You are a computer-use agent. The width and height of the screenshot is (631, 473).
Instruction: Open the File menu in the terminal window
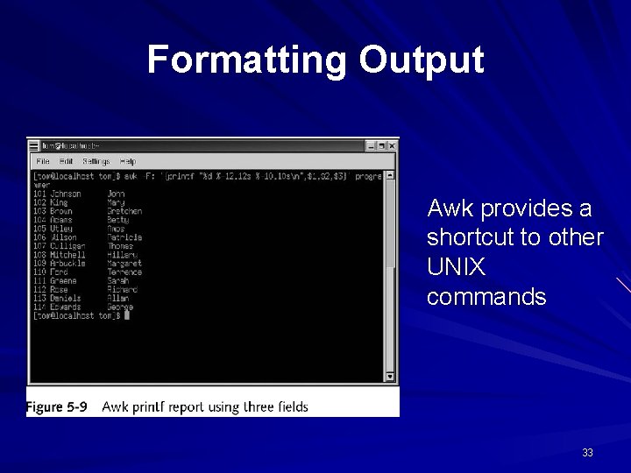click(42, 161)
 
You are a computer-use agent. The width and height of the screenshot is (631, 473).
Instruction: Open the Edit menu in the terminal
click(66, 161)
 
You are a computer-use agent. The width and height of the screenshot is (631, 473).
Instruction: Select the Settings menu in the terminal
click(96, 161)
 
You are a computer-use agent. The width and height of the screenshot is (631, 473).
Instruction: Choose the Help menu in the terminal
click(128, 161)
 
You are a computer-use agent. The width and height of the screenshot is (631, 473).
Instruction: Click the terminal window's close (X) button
click(393, 145)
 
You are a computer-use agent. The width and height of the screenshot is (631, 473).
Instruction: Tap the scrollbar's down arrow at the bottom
click(390, 377)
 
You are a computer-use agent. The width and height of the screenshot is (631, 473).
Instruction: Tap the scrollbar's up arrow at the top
click(390, 175)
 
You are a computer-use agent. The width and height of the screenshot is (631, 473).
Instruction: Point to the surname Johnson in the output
click(66, 194)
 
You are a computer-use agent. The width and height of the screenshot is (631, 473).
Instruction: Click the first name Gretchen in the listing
click(124, 211)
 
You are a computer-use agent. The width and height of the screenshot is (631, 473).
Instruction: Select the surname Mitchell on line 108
click(67, 254)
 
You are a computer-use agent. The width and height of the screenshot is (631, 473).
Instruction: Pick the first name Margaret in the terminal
click(124, 263)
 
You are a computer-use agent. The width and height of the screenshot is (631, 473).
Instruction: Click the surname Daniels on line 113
click(65, 298)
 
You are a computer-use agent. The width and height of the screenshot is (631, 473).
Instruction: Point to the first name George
click(120, 307)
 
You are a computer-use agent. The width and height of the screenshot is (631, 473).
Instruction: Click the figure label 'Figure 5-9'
click(57, 406)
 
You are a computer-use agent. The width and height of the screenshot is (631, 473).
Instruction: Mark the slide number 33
click(587, 453)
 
